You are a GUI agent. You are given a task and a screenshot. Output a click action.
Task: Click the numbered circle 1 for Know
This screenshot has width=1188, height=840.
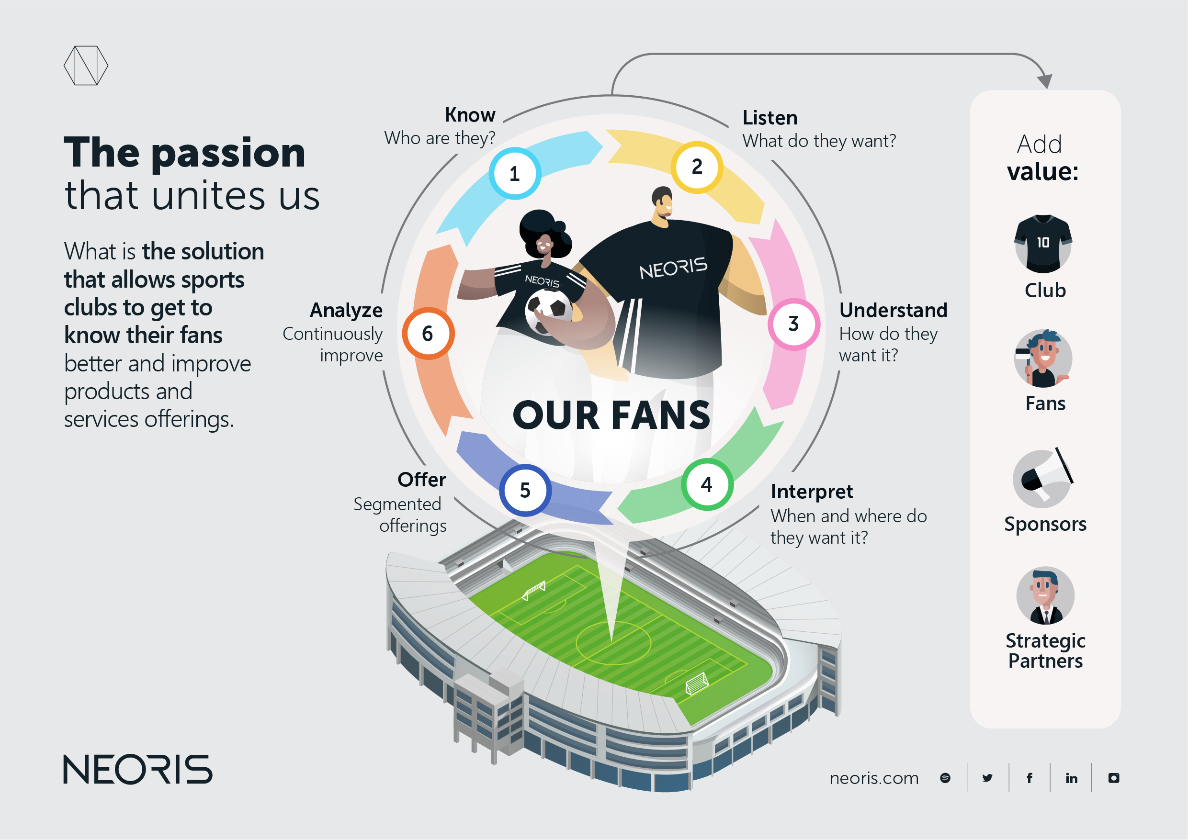point(515,174)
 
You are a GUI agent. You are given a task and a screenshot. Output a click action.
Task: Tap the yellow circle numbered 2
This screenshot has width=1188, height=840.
point(697,167)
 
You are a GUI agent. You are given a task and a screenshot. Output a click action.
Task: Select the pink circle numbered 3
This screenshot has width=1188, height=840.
point(794,325)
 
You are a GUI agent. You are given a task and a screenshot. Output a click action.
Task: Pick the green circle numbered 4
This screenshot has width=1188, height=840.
point(707,485)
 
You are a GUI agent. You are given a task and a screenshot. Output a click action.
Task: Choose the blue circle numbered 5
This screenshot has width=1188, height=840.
point(525,490)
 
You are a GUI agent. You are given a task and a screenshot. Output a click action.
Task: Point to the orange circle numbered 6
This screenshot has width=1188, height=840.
point(428,334)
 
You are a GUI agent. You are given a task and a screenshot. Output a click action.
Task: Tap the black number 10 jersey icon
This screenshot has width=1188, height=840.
point(1043,244)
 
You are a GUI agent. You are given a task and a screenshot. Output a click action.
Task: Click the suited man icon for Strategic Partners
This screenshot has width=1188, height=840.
point(1045,596)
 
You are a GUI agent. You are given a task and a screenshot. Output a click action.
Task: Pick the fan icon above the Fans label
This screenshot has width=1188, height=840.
point(1042,358)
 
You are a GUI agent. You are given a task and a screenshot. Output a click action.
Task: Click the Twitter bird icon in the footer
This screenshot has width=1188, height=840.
point(987,778)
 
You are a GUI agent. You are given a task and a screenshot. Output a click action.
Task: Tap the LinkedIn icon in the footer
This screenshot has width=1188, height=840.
point(1071,778)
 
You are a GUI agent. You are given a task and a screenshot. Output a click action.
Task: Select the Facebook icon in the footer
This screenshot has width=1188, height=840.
point(1030,778)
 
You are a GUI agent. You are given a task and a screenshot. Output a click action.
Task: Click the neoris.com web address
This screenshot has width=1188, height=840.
point(874,778)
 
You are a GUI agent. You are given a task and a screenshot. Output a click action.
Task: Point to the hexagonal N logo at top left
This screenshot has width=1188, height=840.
point(86,66)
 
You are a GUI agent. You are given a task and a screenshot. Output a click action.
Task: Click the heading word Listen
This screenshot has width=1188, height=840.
point(770,118)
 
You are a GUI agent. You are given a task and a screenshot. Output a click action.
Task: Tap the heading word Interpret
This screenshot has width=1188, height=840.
point(812,492)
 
